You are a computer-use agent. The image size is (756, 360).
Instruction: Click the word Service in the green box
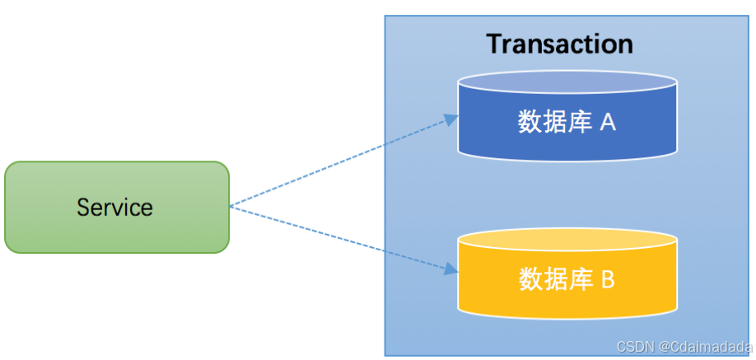point(114,207)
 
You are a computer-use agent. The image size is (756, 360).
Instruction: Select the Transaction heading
point(559,43)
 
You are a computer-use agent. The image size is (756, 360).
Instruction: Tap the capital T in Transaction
point(494,43)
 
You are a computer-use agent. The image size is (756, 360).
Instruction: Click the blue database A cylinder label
point(567,123)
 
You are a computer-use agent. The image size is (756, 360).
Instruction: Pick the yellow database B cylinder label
point(567,280)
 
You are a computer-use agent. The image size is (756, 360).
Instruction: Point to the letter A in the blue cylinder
point(608,123)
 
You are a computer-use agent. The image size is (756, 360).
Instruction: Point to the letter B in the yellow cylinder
point(607,280)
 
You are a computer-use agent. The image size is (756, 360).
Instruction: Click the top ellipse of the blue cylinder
point(567,82)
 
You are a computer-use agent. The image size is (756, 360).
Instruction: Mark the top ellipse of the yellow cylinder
point(567,239)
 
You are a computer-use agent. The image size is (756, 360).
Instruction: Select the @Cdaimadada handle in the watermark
point(706,347)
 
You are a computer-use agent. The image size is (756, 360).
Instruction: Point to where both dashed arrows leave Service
point(230,206)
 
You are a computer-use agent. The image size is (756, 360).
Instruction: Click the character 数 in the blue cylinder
point(530,123)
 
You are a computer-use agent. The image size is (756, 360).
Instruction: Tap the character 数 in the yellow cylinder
point(530,280)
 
